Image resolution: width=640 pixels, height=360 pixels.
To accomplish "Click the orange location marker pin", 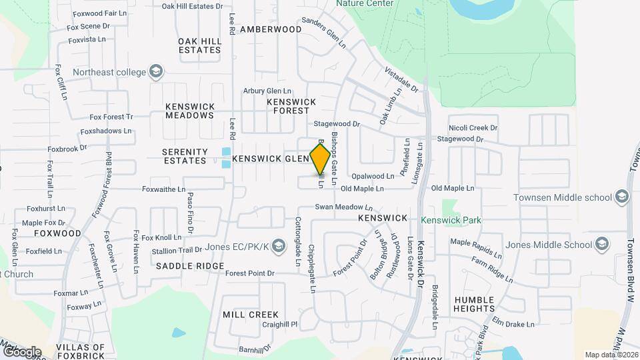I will click(x=320, y=159).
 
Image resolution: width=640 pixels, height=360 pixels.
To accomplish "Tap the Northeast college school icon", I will click(x=156, y=71).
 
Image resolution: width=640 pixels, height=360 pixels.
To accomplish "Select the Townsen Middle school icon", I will click(x=622, y=197).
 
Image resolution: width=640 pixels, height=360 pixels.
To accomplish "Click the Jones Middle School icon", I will click(x=602, y=244).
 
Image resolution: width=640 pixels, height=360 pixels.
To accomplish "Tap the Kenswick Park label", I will click(x=451, y=219).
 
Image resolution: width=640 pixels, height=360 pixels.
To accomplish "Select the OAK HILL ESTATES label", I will click(x=199, y=45).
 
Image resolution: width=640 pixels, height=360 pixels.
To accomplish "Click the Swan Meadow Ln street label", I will click(x=343, y=207).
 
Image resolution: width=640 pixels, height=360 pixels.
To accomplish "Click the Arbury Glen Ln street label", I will click(x=267, y=91).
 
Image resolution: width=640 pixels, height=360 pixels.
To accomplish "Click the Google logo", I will click(x=21, y=351).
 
